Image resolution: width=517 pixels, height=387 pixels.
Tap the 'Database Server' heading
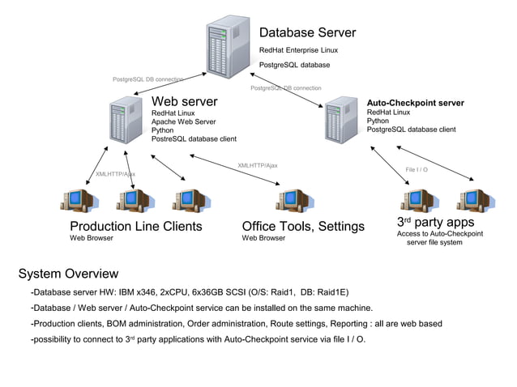(x=307, y=33)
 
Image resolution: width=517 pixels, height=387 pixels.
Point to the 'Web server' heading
(x=184, y=102)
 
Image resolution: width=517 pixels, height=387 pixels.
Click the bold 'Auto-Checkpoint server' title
(x=415, y=103)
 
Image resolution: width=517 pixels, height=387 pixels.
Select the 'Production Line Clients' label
(x=135, y=226)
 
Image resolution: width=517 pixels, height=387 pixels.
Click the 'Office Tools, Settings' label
(x=303, y=226)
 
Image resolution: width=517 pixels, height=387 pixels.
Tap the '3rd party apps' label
(x=435, y=222)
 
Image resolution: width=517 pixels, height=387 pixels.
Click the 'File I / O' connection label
(x=417, y=169)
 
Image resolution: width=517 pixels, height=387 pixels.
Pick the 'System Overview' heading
(x=68, y=274)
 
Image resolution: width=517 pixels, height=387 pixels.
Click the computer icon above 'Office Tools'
(x=290, y=199)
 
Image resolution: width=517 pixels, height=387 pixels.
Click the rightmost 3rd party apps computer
(x=470, y=199)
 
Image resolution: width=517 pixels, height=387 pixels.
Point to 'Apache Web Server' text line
(x=183, y=122)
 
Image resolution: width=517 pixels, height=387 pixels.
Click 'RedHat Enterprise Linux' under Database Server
(x=298, y=50)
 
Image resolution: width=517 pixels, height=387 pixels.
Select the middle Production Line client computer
(x=132, y=199)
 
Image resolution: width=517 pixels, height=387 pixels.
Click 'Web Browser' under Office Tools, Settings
(x=263, y=239)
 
